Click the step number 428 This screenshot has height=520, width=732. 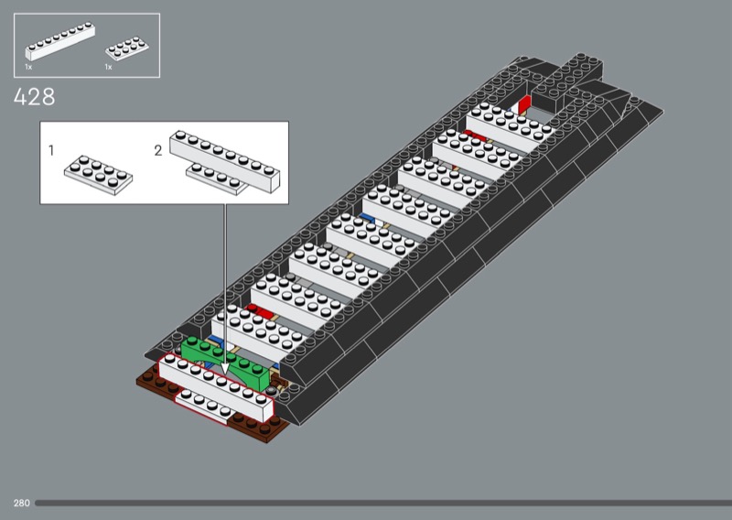click(x=34, y=97)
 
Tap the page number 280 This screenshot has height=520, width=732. click(x=21, y=504)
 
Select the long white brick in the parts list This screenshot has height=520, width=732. click(x=60, y=41)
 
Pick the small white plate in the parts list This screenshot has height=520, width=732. click(x=127, y=49)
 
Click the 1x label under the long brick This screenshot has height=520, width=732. click(x=28, y=67)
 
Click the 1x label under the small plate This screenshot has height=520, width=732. click(x=108, y=67)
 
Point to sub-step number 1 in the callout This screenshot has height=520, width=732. click(x=51, y=150)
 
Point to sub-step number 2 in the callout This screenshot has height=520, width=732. click(x=158, y=150)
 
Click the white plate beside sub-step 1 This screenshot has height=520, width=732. click(x=98, y=175)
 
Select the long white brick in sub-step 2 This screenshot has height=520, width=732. click(x=224, y=161)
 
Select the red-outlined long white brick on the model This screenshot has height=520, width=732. click(x=216, y=388)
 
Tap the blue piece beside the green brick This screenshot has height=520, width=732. click(x=215, y=340)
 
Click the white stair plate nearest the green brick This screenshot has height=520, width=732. click(x=258, y=330)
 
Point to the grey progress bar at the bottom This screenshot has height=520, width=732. click(x=383, y=504)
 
